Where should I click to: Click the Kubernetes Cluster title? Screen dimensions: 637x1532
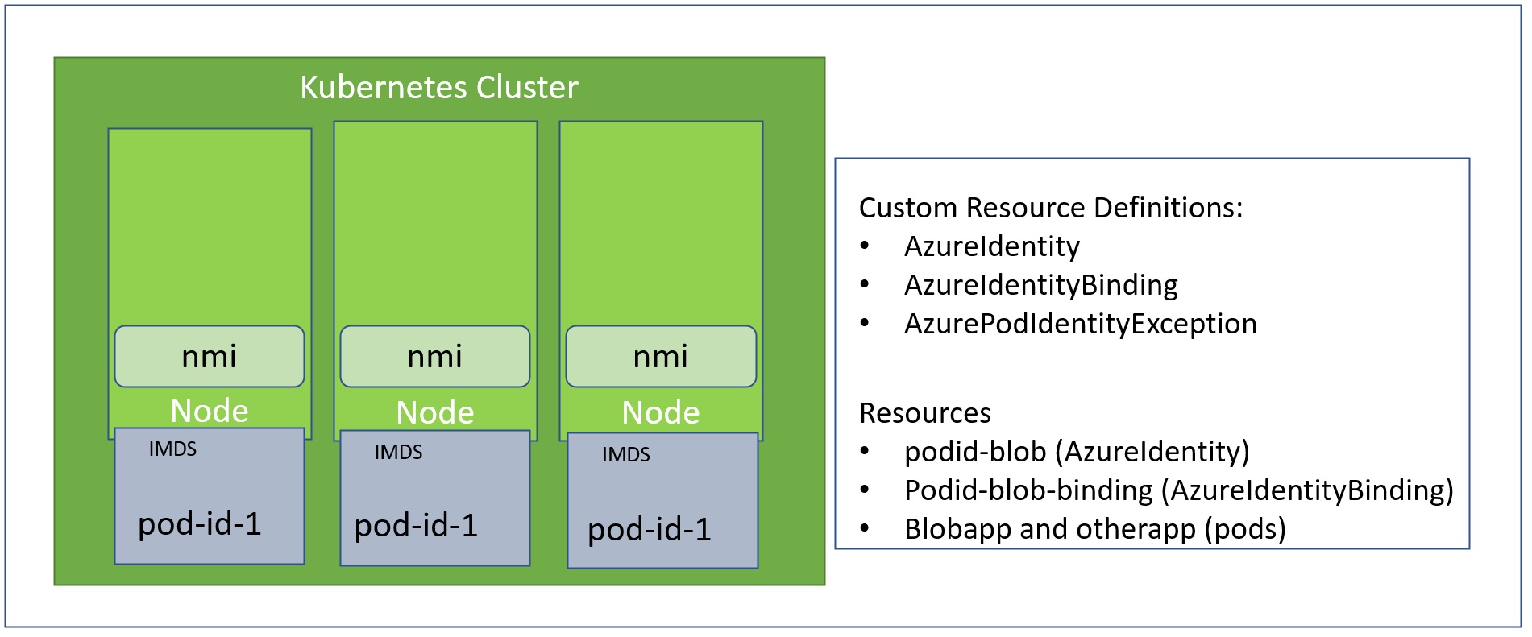pos(438,87)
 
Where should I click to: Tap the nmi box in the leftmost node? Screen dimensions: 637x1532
pos(210,356)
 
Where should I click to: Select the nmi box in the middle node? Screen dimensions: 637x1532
pos(435,356)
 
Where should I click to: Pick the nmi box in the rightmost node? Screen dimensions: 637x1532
pos(661,356)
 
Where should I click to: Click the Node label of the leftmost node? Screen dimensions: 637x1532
pos(210,412)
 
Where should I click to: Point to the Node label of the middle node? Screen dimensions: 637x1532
pos(435,413)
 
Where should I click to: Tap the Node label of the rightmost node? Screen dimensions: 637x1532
pos(661,413)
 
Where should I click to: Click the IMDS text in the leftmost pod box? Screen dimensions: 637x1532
pos(172,449)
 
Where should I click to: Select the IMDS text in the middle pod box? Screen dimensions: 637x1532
pos(398,453)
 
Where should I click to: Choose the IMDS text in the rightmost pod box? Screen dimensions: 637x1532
pos(625,455)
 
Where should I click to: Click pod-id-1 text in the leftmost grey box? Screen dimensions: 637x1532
pos(200,524)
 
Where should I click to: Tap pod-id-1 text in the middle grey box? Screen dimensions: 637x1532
pos(416,526)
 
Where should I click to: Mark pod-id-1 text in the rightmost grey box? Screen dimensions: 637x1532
pos(650,530)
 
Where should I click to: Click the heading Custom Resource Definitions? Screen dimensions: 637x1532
pos(1050,208)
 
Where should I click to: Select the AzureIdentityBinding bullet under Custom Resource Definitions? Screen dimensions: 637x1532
pos(1040,285)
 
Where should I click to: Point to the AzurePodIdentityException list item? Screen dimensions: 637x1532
pos(1080,324)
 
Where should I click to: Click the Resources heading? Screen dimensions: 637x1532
pos(924,413)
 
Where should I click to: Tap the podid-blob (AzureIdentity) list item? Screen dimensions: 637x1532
pos(1076,452)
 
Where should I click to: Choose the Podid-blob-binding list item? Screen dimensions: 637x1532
pos(1178,490)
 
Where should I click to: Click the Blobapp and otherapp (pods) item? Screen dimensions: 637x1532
pos(1094,529)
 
